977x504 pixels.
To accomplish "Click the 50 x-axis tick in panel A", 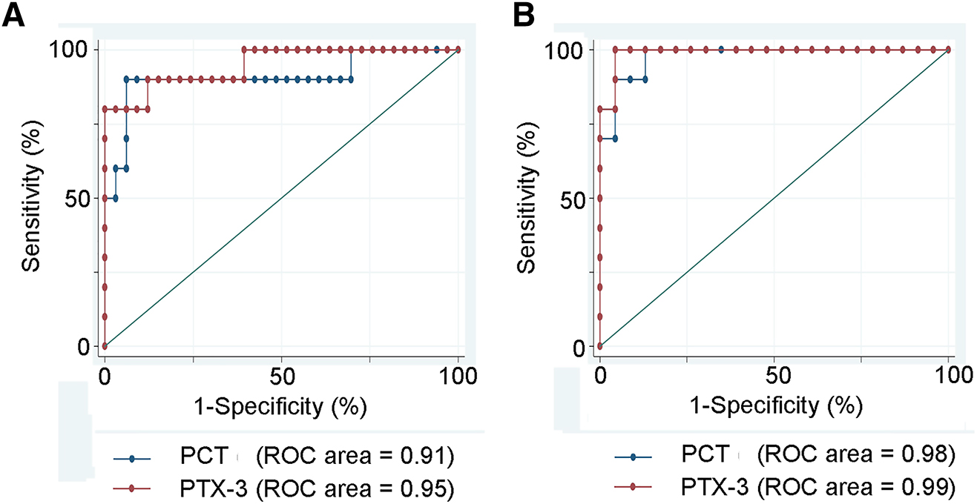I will [x=282, y=377].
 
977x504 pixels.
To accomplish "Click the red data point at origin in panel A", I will [x=105, y=346].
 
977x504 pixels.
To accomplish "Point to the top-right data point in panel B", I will [x=949, y=50].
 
